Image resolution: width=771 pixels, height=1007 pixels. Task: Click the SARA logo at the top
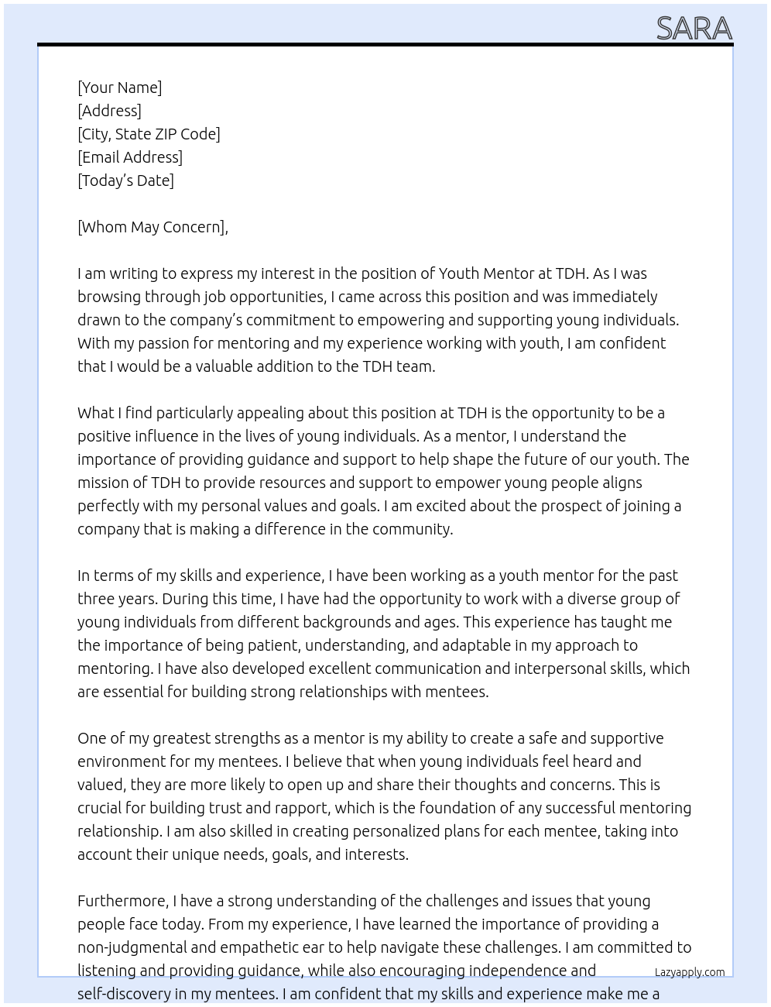point(694,29)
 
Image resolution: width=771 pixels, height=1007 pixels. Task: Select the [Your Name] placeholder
point(119,88)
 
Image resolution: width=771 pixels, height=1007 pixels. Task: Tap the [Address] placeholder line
point(109,111)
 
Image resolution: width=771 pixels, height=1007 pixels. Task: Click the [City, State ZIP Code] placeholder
point(149,134)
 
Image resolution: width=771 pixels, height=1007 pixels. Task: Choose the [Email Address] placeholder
point(130,157)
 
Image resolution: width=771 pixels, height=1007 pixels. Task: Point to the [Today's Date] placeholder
point(125,180)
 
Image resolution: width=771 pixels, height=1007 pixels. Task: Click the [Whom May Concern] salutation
point(152,227)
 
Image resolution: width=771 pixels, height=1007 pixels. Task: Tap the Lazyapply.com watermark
point(689,972)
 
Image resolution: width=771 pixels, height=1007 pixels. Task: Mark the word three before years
point(97,599)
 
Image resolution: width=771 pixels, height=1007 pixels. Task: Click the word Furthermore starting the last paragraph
point(122,901)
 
